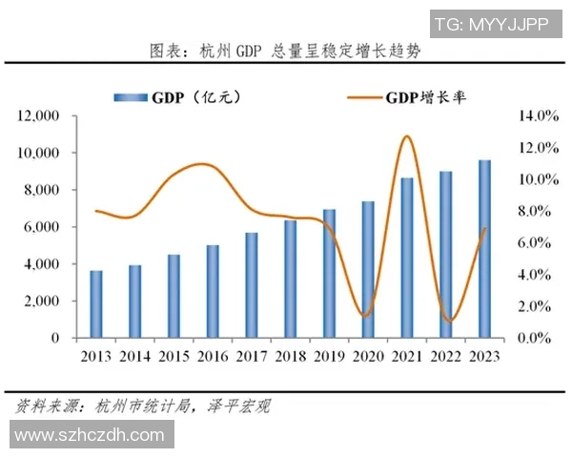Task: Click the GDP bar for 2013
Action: coord(97,304)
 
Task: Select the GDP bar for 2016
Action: coord(213,292)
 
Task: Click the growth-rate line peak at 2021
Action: coord(407,136)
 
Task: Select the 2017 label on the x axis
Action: coord(252,357)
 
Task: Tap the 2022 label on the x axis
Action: coord(446,357)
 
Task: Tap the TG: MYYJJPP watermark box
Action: coord(491,25)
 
